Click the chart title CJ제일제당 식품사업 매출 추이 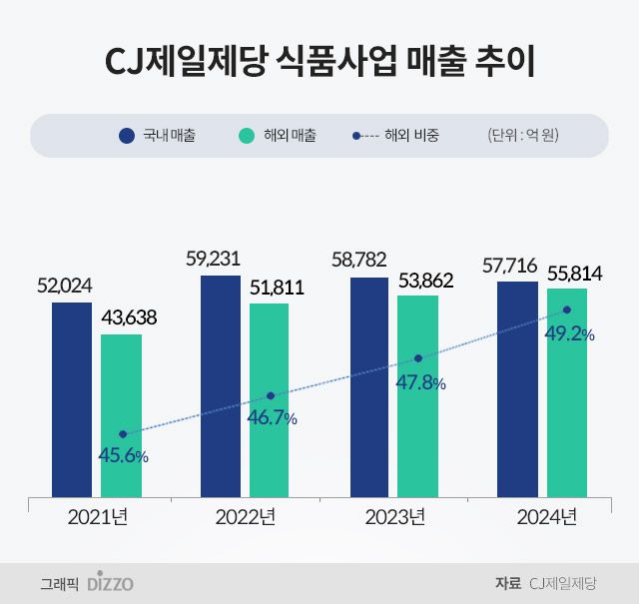coord(319,62)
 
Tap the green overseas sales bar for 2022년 coord(269,399)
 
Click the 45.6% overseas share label coord(123,455)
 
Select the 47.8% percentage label coord(419,382)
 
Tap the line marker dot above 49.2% coord(567,310)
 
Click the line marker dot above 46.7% coord(271,395)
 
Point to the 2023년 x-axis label coord(394,517)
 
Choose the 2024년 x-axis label coord(546,517)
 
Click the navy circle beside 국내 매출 coord(127,135)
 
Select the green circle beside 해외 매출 coord(249,135)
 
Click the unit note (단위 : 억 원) coord(522,135)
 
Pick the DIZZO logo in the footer coord(110,583)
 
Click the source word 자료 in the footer coord(507,583)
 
